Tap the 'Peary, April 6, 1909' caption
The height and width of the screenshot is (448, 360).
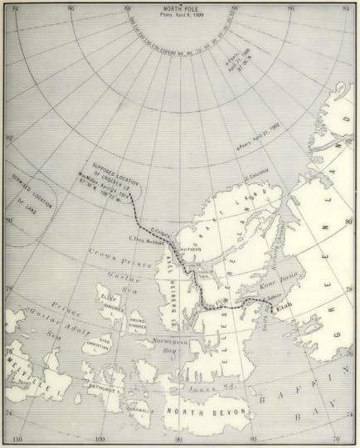[x=179, y=19]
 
